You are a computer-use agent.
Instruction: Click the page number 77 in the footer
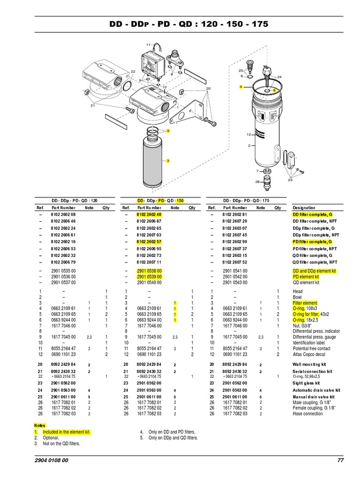point(341,460)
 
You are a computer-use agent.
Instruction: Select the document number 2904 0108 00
point(51,460)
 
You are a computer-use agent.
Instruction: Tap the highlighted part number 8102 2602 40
point(149,214)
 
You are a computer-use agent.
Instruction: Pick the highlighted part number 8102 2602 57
point(149,241)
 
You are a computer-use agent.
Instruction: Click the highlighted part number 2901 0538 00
point(149,271)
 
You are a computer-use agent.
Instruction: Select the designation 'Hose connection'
point(308,414)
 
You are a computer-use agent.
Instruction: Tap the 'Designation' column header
point(304,208)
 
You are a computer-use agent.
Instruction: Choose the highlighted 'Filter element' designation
point(305,303)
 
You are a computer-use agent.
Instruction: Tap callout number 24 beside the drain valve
point(279,76)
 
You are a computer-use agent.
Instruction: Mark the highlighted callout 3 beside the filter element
point(167,161)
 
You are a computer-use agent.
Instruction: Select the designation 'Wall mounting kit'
point(309,364)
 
